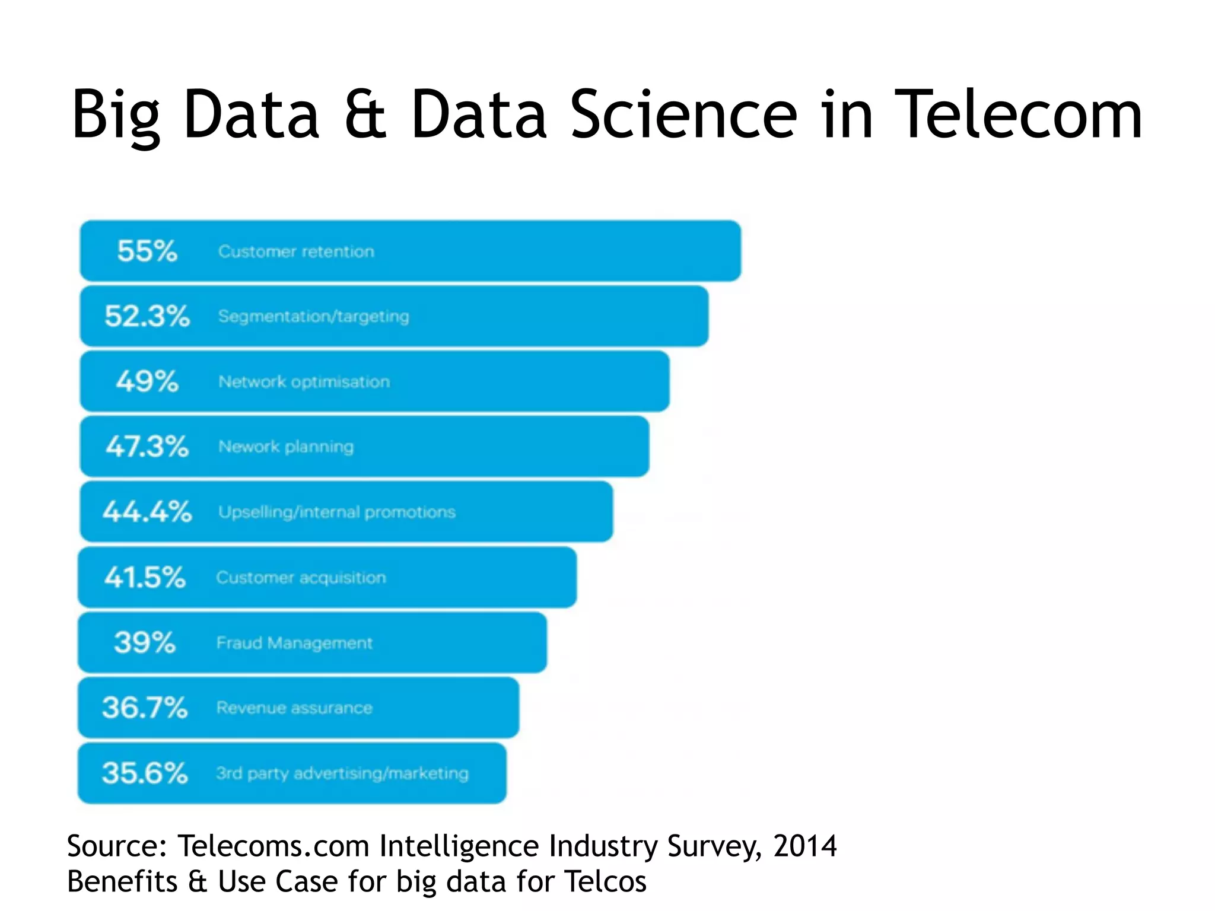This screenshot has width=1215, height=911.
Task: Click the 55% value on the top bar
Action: [147, 251]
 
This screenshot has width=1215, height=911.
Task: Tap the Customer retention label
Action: [296, 251]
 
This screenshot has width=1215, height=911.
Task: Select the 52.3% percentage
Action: [147, 316]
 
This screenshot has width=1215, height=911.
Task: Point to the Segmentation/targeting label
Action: [313, 317]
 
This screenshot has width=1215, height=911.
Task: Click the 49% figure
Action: [147, 381]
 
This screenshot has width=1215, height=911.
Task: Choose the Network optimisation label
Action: [304, 382]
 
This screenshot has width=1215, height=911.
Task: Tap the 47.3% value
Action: [147, 447]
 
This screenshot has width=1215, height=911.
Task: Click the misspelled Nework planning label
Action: [286, 447]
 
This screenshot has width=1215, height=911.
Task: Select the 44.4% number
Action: [147, 512]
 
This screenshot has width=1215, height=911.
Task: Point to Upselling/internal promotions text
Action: [336, 512]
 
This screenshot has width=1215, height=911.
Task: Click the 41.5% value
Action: [145, 577]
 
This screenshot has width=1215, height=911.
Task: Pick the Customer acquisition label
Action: [301, 578]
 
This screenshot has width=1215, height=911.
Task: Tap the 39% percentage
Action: [145, 642]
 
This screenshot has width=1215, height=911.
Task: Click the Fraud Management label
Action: [294, 643]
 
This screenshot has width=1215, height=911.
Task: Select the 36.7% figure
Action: [145, 708]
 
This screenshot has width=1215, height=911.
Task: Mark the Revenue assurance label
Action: [294, 708]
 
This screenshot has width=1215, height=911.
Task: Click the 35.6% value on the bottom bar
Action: [145, 773]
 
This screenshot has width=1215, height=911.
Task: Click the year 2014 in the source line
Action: [804, 846]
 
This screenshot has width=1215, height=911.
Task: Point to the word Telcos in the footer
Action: [605, 881]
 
